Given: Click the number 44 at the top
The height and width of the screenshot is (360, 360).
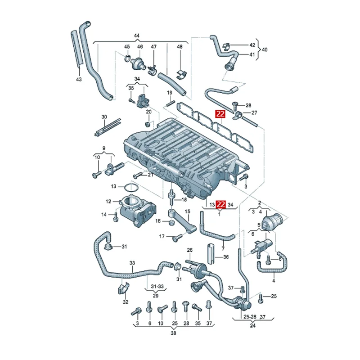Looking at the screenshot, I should pyautogui.click(x=137, y=36).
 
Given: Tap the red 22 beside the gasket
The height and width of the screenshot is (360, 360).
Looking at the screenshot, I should pyautogui.click(x=220, y=114).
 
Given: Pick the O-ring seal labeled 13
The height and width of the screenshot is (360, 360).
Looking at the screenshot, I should pyautogui.click(x=130, y=187).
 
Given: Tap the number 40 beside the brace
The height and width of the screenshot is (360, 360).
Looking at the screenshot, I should pyautogui.click(x=265, y=49).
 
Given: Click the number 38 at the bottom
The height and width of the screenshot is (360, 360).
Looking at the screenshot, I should pyautogui.click(x=173, y=333).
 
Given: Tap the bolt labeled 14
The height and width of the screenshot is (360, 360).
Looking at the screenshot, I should pyautogui.click(x=115, y=218).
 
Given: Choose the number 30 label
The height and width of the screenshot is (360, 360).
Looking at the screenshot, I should pyautogui.click(x=104, y=117).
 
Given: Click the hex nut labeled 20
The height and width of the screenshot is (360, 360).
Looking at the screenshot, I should pyautogui.click(x=148, y=123).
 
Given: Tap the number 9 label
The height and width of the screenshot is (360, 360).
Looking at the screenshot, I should pyautogui.click(x=103, y=148).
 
